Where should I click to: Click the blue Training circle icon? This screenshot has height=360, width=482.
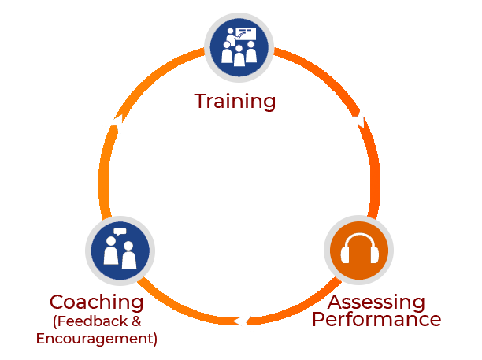[x=239, y=48]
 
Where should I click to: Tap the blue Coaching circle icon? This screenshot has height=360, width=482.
[x=120, y=251]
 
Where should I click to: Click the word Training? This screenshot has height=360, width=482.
[x=235, y=102]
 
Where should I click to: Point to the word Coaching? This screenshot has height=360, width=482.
[x=96, y=302]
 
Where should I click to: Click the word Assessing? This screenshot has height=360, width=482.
[x=376, y=302]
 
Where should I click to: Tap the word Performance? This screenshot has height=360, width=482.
[x=376, y=320]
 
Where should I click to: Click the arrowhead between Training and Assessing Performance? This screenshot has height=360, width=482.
[x=356, y=119]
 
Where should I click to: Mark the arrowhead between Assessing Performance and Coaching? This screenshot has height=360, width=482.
[x=244, y=320]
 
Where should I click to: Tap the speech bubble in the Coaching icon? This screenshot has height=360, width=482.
[x=119, y=232]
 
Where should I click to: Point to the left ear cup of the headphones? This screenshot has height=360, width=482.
[x=345, y=255]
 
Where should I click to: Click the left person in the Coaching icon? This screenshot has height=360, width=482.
[x=110, y=254]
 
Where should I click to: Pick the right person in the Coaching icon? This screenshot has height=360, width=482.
[x=128, y=256]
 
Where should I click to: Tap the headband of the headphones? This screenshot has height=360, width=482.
[x=358, y=238]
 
